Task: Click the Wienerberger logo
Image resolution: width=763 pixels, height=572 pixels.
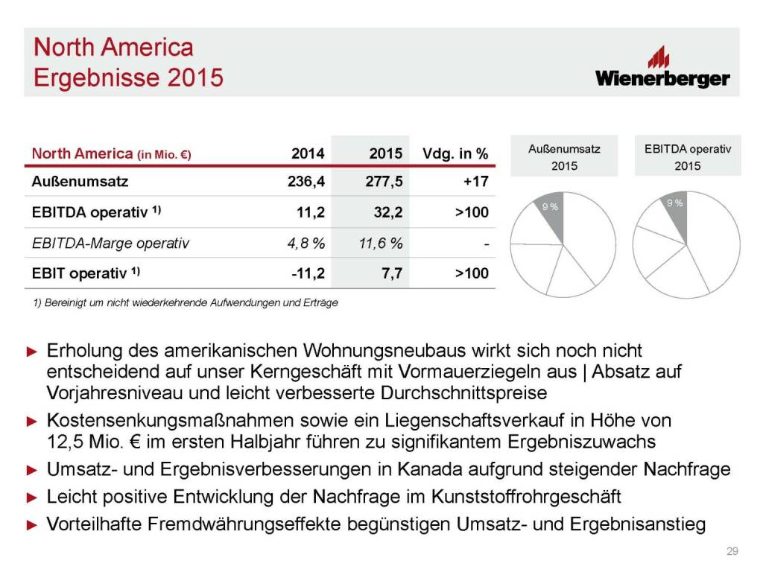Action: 662,69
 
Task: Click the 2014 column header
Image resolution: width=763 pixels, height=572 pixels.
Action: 308,153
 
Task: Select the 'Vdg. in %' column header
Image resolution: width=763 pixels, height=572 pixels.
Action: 455,153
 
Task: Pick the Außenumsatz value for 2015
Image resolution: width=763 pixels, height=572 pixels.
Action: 385,181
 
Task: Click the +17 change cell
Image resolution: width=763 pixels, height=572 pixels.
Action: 474,181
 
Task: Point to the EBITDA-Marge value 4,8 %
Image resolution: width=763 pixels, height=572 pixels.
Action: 304,243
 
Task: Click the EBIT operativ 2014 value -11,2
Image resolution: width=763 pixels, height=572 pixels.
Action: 308,273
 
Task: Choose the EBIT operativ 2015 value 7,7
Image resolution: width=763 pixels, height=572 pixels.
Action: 393,273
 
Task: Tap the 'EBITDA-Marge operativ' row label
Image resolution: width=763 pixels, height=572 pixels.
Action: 110,243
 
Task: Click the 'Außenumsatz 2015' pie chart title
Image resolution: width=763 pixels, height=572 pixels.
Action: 564,157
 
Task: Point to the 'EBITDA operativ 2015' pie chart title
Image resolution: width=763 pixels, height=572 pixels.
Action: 687,157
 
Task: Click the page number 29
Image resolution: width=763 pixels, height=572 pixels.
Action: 732,551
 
